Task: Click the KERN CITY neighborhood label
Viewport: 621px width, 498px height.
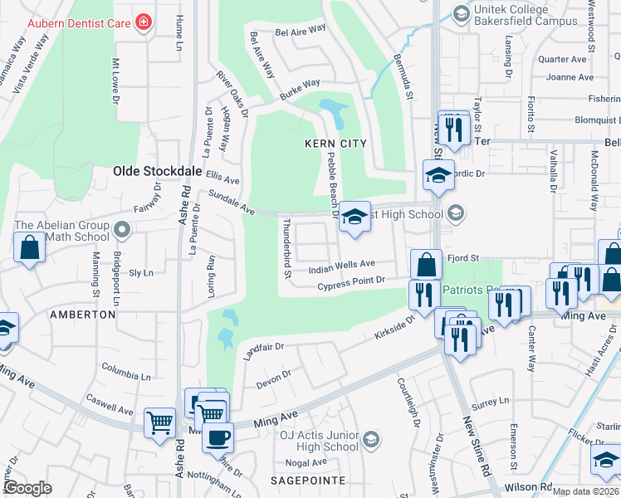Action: (335, 144)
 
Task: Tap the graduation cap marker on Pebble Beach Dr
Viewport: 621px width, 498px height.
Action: (355, 217)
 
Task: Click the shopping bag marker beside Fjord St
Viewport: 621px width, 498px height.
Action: (426, 265)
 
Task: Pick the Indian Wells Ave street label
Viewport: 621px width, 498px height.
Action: (342, 267)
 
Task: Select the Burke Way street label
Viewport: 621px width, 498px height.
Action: (300, 89)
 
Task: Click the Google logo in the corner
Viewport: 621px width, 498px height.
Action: (27, 488)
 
